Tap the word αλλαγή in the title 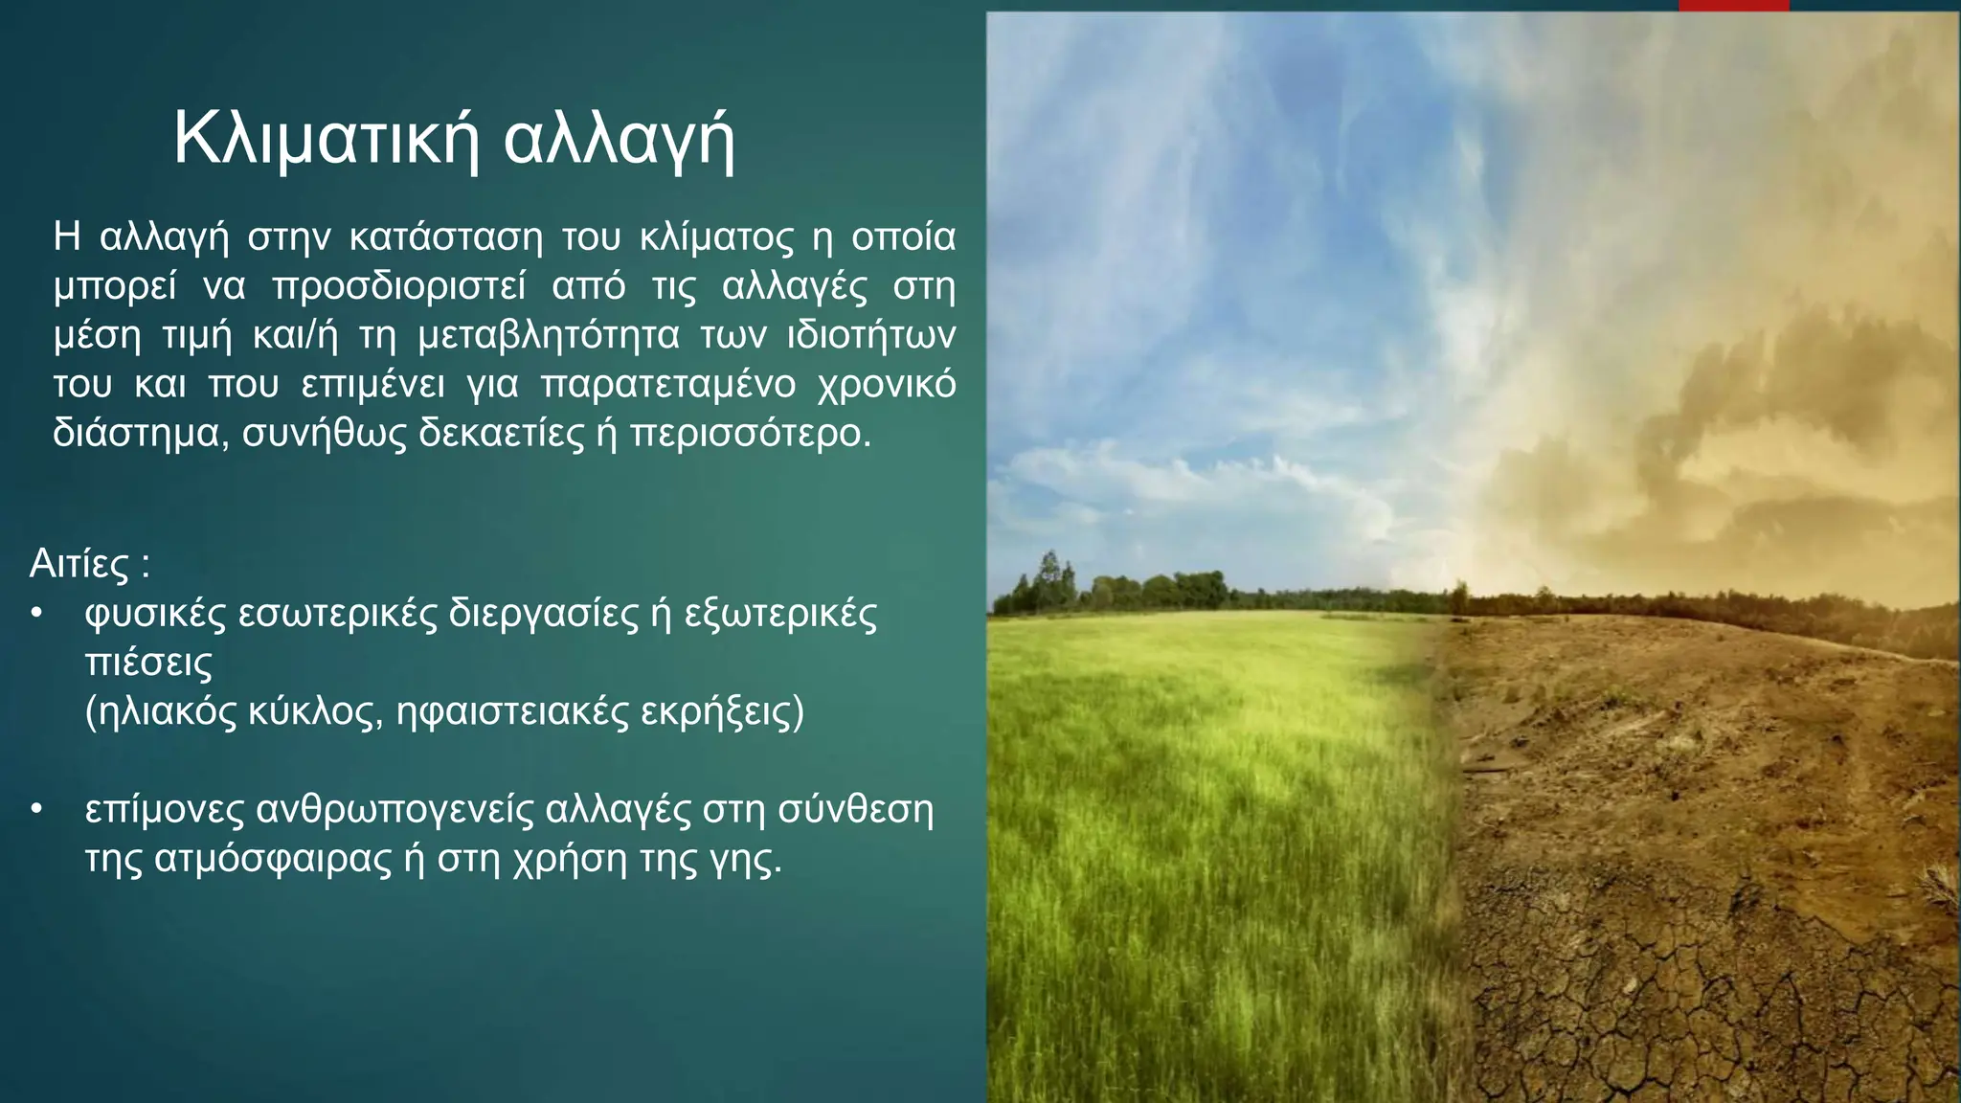click(x=620, y=139)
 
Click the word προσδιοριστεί click(x=398, y=287)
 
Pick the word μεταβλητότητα click(x=549, y=336)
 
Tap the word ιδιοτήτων click(x=870, y=336)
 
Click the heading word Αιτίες click(x=79, y=563)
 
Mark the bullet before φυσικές click(x=36, y=613)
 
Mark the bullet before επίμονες click(x=36, y=810)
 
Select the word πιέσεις click(x=148, y=663)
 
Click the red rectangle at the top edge click(x=1734, y=5)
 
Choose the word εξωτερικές click(x=780, y=614)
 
